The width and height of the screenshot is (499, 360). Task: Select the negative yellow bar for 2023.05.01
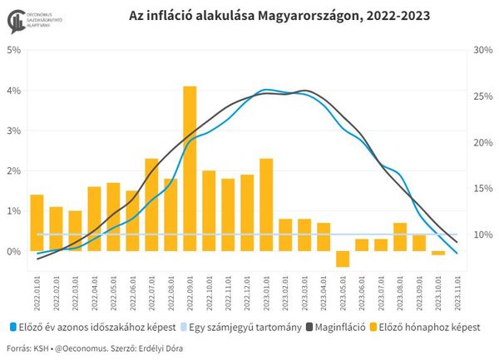[343, 259]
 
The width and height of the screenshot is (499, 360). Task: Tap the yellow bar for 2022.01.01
[37, 223]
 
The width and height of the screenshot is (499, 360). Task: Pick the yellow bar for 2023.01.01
[266, 205]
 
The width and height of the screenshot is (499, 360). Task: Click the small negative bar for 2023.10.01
[438, 253]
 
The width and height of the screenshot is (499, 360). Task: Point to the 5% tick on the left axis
[15, 50]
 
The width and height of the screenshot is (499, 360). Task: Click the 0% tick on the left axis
[15, 251]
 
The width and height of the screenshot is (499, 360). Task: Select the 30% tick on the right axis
[482, 50]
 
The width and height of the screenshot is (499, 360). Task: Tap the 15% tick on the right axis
[482, 188]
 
